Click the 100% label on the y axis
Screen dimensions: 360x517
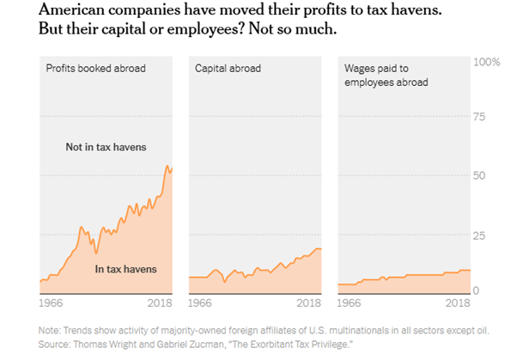[488, 63]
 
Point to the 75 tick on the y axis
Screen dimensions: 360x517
[483, 119]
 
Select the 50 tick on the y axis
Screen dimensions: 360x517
[483, 175]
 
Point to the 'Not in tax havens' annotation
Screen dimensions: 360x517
[105, 147]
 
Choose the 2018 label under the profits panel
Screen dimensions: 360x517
[161, 303]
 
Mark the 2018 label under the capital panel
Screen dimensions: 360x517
[309, 303]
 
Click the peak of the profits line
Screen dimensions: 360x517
[167, 166]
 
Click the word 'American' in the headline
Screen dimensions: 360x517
[74, 10]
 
